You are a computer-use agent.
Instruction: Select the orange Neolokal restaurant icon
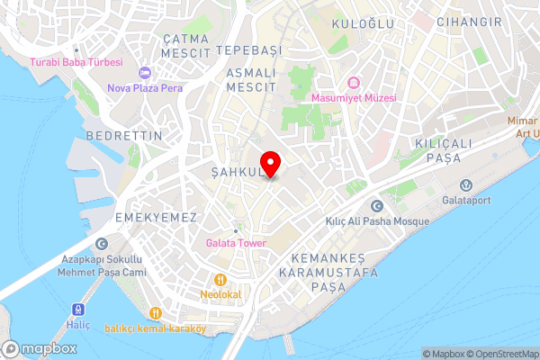(220, 279)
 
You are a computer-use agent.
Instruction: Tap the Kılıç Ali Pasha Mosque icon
(375, 207)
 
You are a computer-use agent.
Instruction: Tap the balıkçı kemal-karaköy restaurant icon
(156, 312)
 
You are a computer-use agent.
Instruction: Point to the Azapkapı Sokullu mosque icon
(102, 243)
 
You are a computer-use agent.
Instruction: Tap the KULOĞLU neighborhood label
(363, 23)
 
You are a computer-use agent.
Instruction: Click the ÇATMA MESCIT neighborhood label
(186, 46)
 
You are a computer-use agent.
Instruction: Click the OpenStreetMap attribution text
(500, 353)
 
